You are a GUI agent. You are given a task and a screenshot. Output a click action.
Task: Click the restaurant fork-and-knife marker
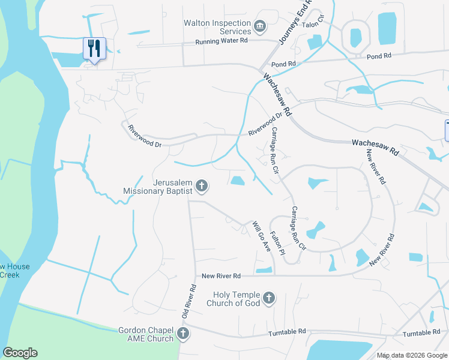tap(94, 48)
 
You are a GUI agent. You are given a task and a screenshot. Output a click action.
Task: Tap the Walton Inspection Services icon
tap(260, 25)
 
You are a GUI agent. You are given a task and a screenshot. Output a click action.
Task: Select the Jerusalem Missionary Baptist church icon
tap(202, 187)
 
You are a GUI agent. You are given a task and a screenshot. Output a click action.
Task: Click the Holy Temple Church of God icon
tap(269, 298)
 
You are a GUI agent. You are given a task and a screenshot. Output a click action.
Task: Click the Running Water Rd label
tap(221, 42)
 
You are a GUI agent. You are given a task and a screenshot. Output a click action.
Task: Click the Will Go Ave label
tap(261, 237)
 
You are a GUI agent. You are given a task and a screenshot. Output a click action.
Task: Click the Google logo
tap(20, 353)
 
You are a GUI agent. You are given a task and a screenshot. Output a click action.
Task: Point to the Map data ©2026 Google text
tap(411, 355)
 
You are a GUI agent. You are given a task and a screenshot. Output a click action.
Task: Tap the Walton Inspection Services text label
tap(217, 27)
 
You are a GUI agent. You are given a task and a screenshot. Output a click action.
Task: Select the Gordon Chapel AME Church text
tap(146, 334)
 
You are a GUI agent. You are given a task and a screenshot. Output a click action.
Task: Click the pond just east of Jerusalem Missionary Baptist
tap(238, 181)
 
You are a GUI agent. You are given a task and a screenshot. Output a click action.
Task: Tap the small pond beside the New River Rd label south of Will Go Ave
tap(264, 271)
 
